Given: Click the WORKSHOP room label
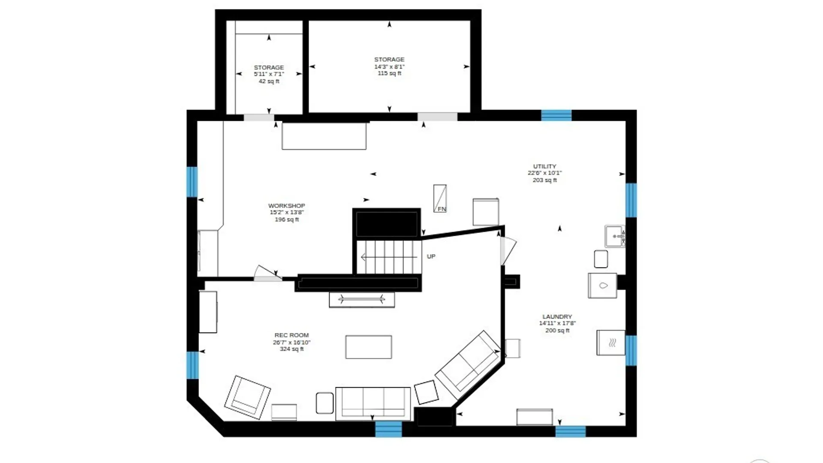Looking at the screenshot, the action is pos(286,206).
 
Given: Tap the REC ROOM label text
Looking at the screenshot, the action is pos(291,335).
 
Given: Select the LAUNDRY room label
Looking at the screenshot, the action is pos(557,316).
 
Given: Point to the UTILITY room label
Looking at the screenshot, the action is pos(544,166).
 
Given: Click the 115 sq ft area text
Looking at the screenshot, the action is pos(389,73).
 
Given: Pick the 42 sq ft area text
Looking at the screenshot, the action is pos(269,81).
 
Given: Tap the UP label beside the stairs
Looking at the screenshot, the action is pos(431,256).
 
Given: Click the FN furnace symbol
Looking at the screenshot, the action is pos(440,198).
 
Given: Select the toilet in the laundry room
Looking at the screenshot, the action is pos(602,286).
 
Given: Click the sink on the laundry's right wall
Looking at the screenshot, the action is pos(615,236).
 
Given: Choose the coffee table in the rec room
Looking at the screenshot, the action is pos(369,347).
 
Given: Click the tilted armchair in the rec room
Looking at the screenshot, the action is pos(247,397).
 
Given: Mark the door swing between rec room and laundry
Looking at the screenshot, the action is pos(508,251).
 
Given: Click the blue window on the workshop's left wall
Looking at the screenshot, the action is pos(192,182).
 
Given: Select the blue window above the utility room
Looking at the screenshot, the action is pos(556,115).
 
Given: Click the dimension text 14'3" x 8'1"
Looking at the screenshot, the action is pos(389,66).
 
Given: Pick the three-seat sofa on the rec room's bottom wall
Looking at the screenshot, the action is pos(373,403).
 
